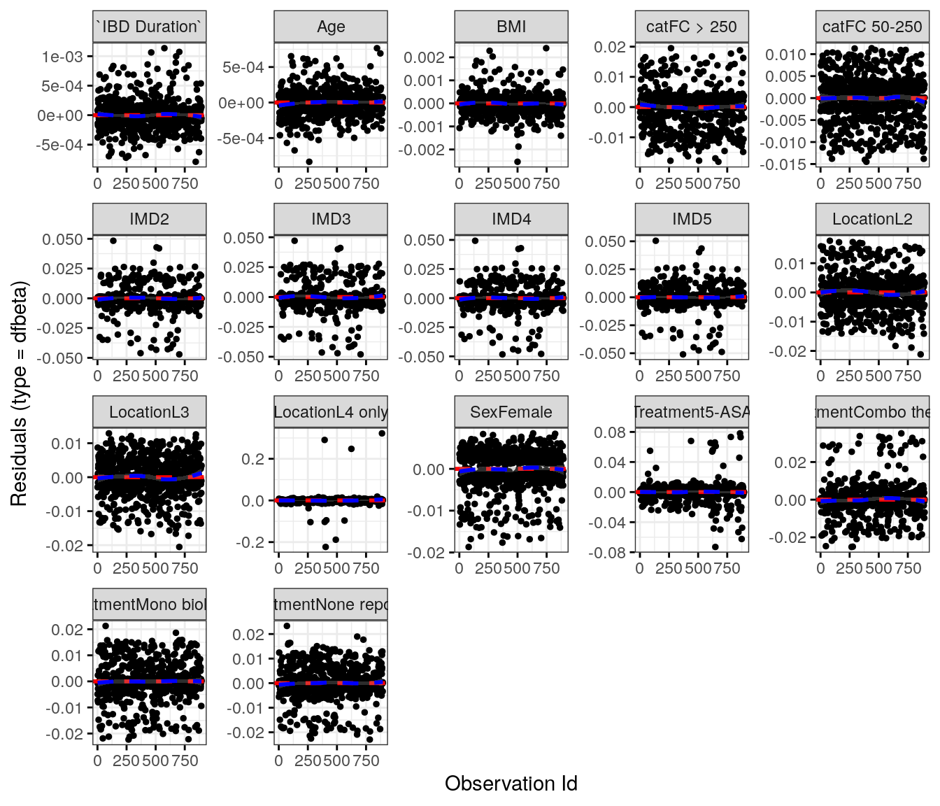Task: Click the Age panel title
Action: click(x=331, y=27)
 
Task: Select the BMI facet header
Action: click(x=511, y=27)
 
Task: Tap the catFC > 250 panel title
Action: click(x=692, y=27)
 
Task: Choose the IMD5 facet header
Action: click(x=692, y=219)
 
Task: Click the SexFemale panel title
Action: click(x=511, y=412)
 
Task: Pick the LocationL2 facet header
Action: click(x=872, y=219)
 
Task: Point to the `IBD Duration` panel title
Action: click(x=150, y=27)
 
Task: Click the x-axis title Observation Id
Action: click(x=511, y=784)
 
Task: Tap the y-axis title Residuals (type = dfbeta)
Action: click(x=19, y=393)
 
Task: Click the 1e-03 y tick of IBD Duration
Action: click(x=62, y=57)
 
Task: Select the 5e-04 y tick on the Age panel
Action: click(x=243, y=67)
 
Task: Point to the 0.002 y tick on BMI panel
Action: click(x=425, y=57)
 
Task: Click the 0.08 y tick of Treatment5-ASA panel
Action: click(x=610, y=432)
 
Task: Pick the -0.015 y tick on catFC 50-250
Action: click(x=787, y=164)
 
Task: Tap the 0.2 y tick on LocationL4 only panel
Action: click(x=253, y=459)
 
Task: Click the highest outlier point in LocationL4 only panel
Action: click(x=382, y=433)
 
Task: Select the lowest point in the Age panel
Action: click(x=309, y=162)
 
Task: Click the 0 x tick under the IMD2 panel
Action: click(x=97, y=376)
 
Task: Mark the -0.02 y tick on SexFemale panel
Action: click(x=427, y=553)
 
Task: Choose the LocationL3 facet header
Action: click(x=150, y=412)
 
